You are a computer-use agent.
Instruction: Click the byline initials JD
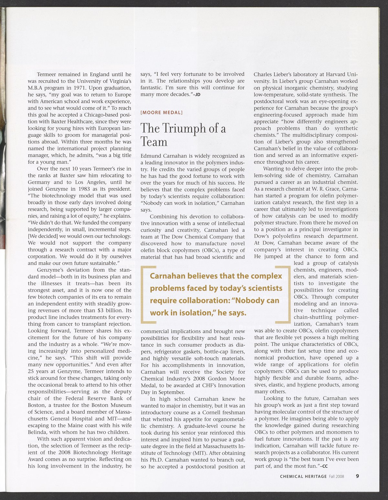(x=198, y=94)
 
